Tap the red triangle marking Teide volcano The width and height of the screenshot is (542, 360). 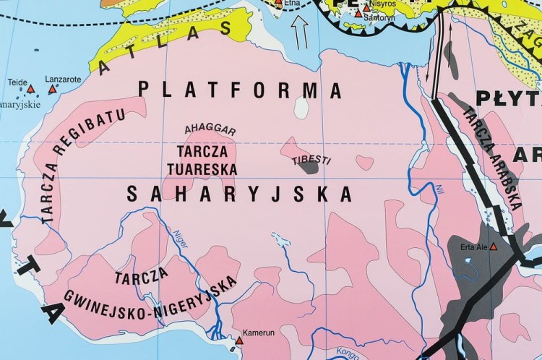click(30, 91)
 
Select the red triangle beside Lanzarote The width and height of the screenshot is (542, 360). click(52, 90)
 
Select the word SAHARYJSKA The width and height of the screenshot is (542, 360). click(239, 194)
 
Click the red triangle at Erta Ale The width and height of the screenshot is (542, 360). click(494, 247)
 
